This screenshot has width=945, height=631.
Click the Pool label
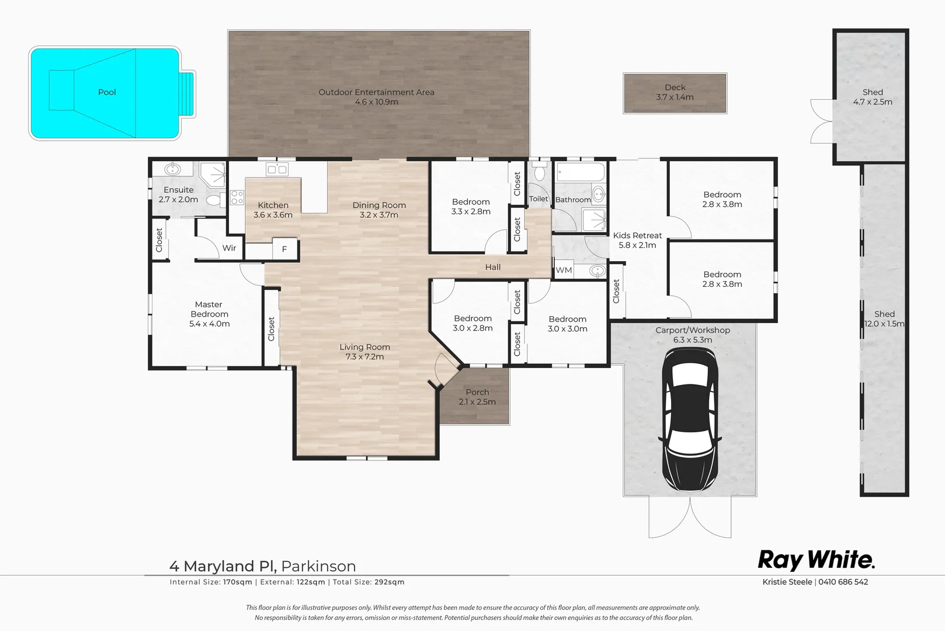107,92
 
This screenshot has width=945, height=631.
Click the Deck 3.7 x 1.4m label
675,92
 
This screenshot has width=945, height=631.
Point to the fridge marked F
285,249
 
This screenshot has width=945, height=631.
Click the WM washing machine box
564,270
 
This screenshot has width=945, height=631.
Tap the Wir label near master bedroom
229,248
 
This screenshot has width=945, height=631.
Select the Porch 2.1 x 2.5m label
477,397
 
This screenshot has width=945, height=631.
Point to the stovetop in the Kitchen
237,197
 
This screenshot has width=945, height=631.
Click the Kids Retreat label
637,240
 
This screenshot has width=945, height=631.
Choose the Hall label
493,267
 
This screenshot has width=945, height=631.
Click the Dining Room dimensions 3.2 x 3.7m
379,215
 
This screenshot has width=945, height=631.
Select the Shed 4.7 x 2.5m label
873,97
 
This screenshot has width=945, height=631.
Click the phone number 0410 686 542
843,582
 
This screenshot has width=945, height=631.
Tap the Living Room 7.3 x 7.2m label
364,352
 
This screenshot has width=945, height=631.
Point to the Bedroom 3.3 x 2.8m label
471,207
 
